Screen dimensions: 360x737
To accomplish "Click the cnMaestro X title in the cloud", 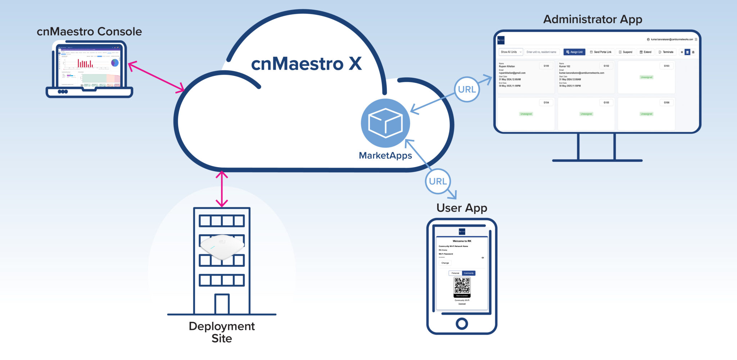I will (306, 64).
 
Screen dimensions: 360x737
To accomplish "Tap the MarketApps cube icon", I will (385, 123).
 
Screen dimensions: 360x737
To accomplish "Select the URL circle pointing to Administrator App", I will (467, 89).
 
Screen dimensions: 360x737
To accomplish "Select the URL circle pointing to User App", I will (438, 181).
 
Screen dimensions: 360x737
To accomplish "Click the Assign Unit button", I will (574, 52).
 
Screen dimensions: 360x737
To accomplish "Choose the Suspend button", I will (625, 52).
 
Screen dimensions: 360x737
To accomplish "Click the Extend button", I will (645, 52).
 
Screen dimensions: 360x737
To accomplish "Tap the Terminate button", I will (666, 52).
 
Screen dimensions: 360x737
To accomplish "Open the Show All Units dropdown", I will (511, 52).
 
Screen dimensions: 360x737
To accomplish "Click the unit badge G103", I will (666, 66).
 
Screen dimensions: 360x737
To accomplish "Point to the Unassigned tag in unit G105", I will (586, 114).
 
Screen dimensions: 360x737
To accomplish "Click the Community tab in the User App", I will (469, 273).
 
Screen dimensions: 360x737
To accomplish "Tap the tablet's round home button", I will (462, 324).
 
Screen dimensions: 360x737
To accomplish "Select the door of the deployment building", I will (222, 304).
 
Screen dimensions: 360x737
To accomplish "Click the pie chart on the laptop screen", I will (115, 63).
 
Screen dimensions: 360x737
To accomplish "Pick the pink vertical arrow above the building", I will (222, 189).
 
